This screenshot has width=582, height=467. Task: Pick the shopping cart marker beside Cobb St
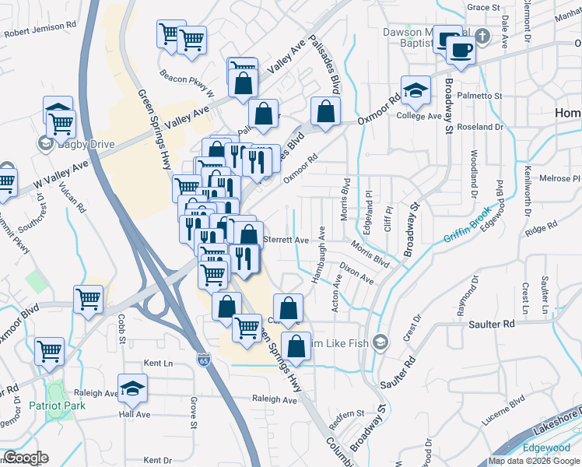pyautogui.click(x=89, y=298)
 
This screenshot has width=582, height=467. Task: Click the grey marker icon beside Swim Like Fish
pyautogui.click(x=380, y=341)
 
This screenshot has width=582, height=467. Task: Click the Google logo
pyautogui.click(x=26, y=457)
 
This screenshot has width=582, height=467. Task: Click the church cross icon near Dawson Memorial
pyautogui.click(x=482, y=36)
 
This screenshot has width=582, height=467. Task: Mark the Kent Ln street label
pyautogui.click(x=158, y=363)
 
